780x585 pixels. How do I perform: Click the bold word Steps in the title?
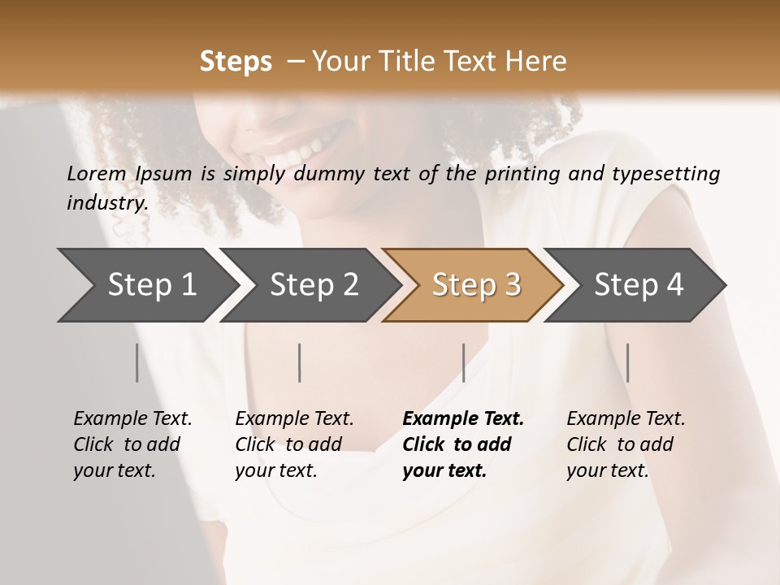(x=236, y=62)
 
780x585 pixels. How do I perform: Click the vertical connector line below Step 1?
(x=136, y=362)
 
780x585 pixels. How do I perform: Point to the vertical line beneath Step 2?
(x=300, y=362)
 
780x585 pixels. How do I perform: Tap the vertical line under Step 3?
(x=463, y=362)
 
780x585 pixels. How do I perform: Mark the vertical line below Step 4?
(x=627, y=362)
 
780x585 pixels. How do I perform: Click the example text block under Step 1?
(x=132, y=444)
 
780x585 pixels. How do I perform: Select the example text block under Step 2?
(x=294, y=444)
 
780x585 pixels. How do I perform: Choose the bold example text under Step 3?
(x=462, y=444)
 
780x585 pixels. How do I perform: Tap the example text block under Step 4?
(x=626, y=444)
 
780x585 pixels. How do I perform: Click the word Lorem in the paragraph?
(x=96, y=174)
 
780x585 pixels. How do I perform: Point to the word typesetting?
(x=669, y=174)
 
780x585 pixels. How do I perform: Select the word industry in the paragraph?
(x=107, y=203)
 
